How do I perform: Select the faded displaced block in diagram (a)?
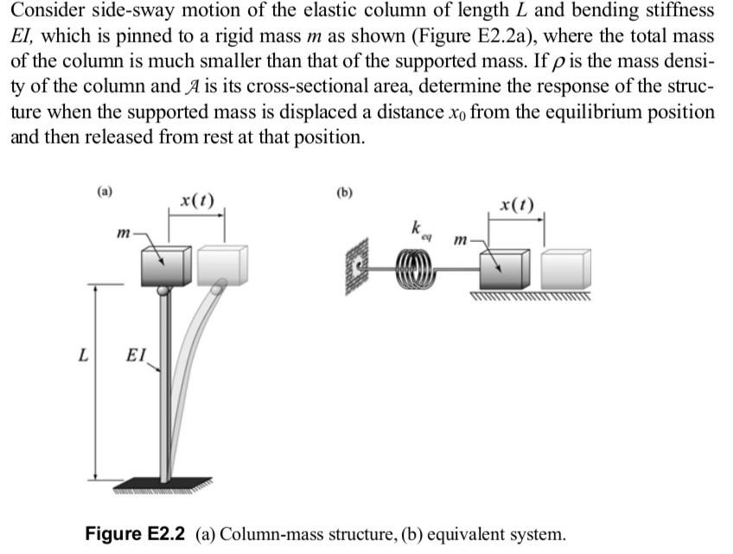point(222,264)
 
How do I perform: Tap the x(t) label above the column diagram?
point(198,201)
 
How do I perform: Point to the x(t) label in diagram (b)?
point(517,205)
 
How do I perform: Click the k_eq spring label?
point(421,230)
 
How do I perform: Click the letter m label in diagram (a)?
point(124,232)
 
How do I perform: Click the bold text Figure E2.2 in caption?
point(136,533)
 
